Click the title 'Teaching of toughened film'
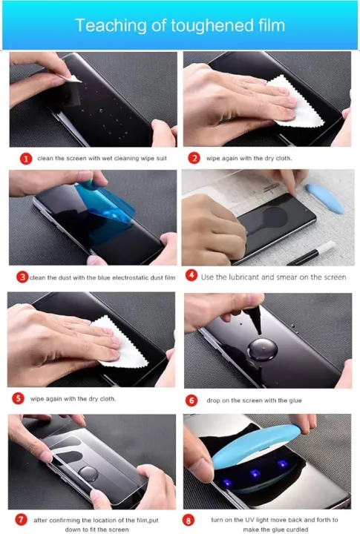(x=180, y=26)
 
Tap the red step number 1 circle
(x=25, y=159)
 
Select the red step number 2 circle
(x=194, y=159)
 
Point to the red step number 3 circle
(x=23, y=277)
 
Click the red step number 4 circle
(x=191, y=277)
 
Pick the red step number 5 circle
(x=19, y=399)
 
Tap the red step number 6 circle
(x=192, y=400)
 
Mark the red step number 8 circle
(x=191, y=520)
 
